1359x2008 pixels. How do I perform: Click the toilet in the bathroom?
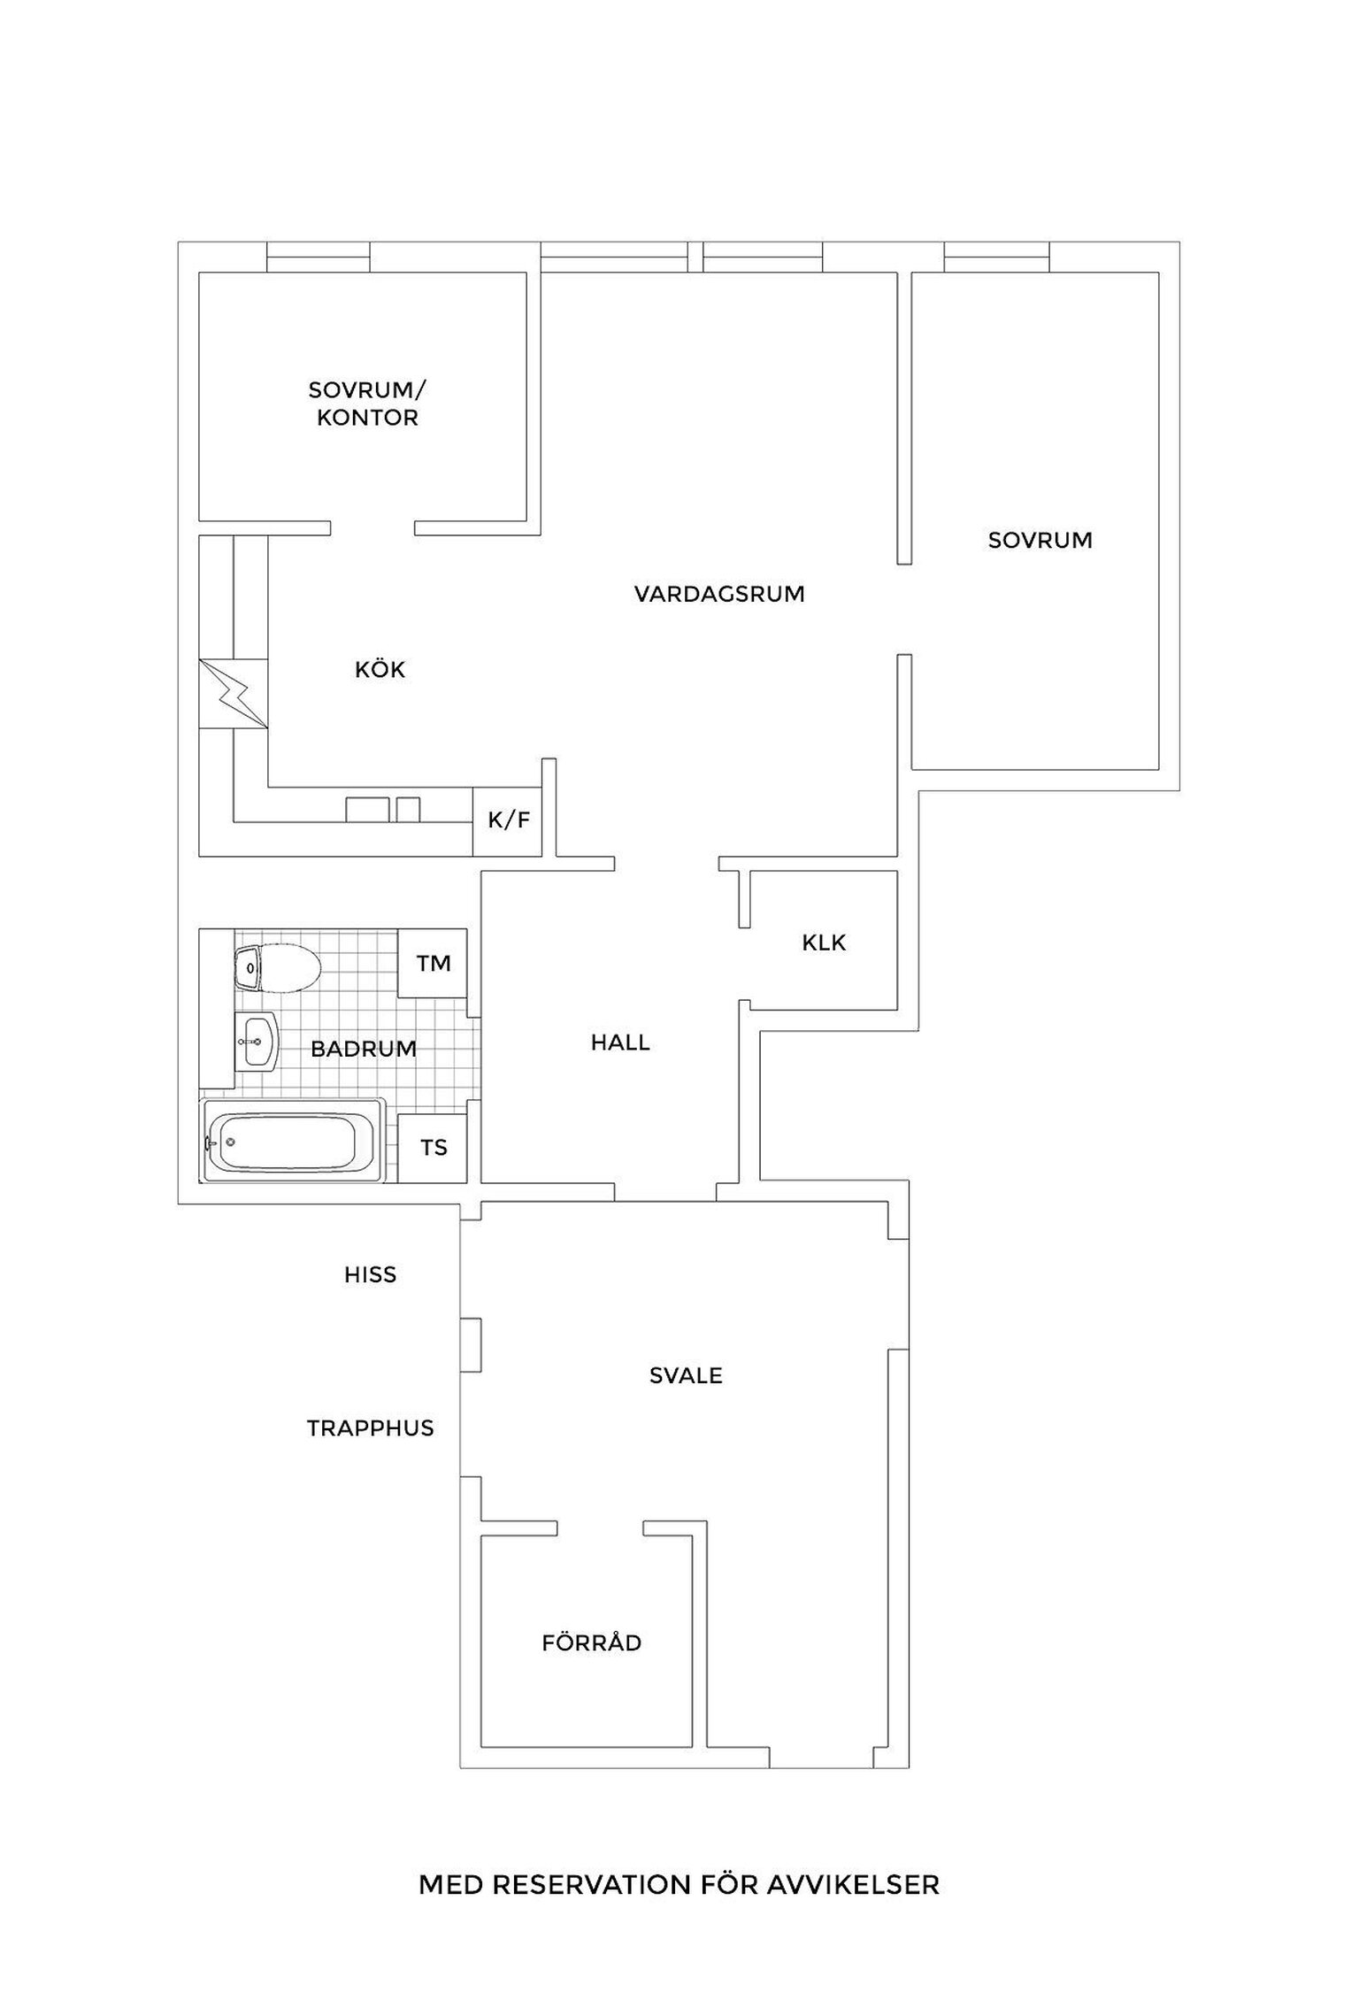(x=277, y=969)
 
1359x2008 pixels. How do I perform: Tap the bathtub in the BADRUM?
(x=294, y=1141)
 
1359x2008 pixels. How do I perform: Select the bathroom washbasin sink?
(x=257, y=1041)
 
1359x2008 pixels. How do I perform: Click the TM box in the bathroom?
(x=433, y=964)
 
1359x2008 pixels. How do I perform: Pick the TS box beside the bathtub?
(x=433, y=1148)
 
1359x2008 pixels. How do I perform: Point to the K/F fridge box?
(x=508, y=821)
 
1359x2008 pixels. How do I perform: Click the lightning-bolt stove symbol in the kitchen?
(x=234, y=694)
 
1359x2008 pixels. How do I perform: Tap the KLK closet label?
(x=824, y=943)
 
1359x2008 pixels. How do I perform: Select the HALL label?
(x=620, y=1042)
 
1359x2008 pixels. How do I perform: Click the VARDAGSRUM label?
(x=719, y=594)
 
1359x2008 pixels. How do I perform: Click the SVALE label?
(x=686, y=1376)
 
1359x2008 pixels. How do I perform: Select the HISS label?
(x=370, y=1275)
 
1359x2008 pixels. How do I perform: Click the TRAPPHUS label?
(x=371, y=1428)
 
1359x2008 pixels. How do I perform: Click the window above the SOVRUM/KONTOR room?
(x=319, y=257)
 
